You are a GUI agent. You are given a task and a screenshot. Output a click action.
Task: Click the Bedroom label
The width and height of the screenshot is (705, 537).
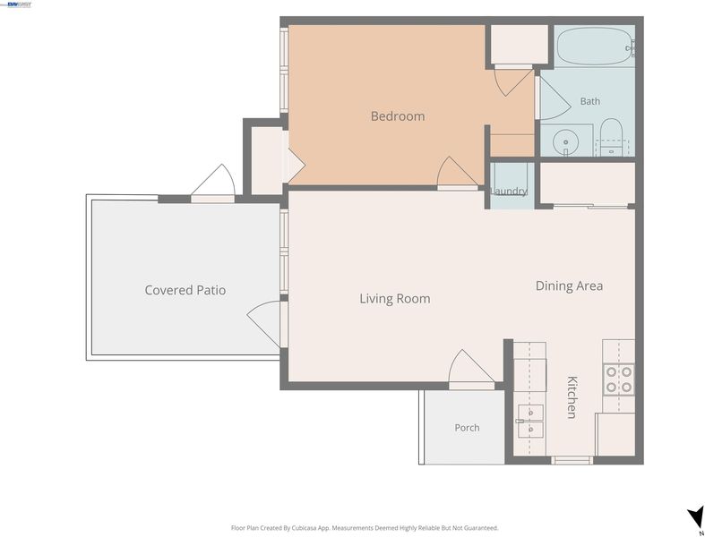click(x=398, y=116)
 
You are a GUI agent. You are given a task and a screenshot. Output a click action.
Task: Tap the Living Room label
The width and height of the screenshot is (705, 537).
click(x=395, y=299)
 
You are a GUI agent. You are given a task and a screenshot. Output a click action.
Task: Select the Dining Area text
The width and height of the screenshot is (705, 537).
click(x=569, y=286)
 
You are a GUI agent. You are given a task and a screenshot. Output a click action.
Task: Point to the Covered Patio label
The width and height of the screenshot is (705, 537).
click(x=185, y=290)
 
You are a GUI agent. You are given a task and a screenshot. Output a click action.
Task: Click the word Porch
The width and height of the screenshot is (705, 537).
click(x=467, y=428)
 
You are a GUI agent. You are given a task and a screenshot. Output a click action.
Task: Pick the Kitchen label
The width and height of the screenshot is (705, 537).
click(x=572, y=397)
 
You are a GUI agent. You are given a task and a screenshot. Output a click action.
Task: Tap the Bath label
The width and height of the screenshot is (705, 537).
click(x=590, y=101)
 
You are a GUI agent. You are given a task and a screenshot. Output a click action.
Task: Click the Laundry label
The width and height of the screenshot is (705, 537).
click(x=509, y=191)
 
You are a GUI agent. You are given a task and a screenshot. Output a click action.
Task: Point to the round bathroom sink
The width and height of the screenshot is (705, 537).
click(x=565, y=142)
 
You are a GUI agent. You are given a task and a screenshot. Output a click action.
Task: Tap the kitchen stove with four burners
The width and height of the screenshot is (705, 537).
click(x=619, y=379)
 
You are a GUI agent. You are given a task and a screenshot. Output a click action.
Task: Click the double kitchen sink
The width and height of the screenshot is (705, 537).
click(x=530, y=421)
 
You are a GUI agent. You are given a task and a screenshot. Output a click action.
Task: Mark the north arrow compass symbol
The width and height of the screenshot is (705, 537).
click(x=695, y=516)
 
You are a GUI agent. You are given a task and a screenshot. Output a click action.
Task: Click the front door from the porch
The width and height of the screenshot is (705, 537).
click(x=471, y=370)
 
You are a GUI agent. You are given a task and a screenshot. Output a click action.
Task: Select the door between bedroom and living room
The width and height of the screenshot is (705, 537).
click(x=457, y=173)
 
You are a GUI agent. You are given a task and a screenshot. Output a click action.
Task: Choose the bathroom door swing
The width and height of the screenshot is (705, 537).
click(x=554, y=98)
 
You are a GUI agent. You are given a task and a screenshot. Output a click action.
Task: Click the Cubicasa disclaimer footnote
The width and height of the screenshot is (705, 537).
click(x=365, y=528)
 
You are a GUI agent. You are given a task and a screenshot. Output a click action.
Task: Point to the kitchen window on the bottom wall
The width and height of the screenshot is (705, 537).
click(x=572, y=460)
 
